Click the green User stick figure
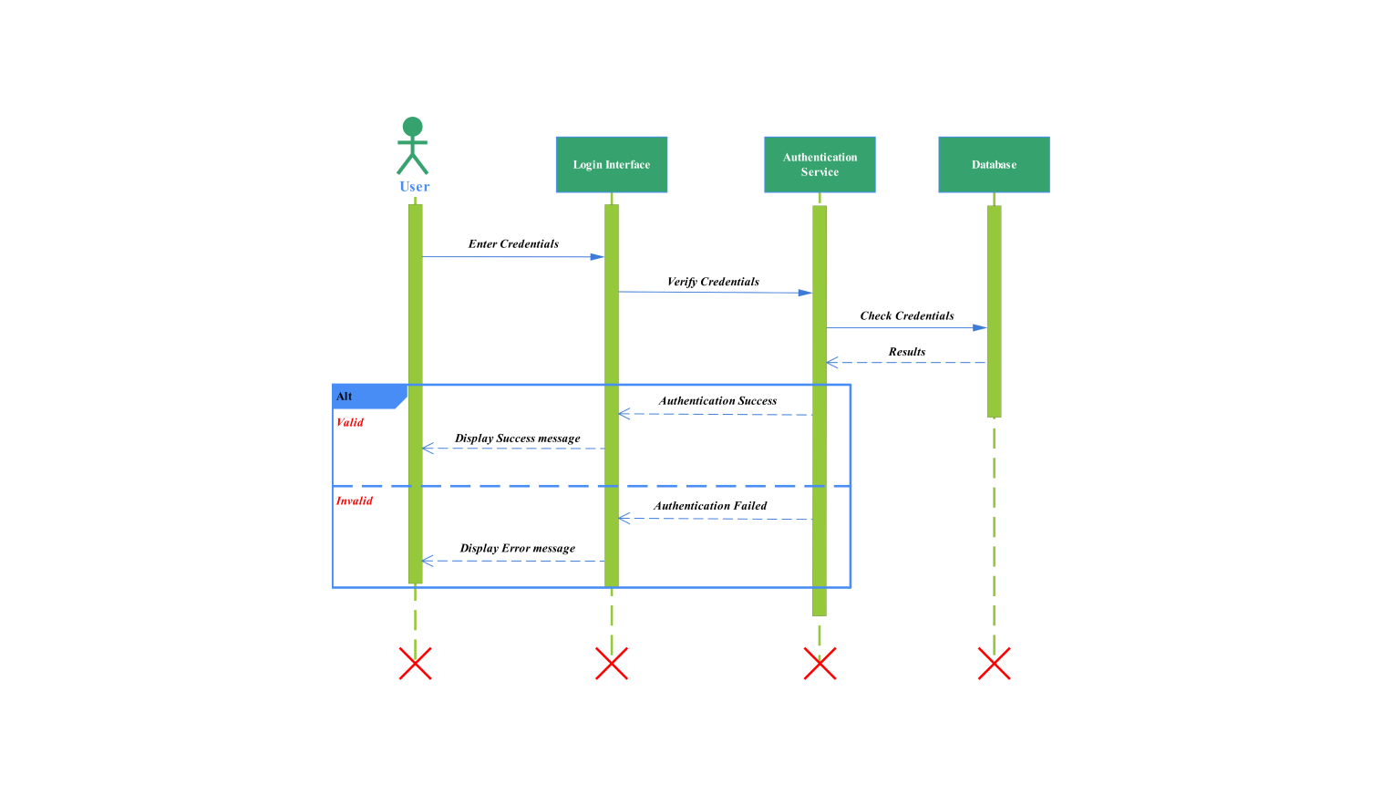(x=413, y=146)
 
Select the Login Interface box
(x=612, y=165)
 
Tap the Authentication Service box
(x=820, y=165)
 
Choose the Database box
(x=994, y=165)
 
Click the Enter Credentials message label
(x=513, y=244)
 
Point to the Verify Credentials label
(x=713, y=282)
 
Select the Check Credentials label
(x=907, y=316)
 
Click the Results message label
(x=907, y=352)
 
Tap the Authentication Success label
(x=718, y=401)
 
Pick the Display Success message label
(x=518, y=439)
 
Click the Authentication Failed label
(x=710, y=506)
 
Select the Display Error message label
(x=518, y=549)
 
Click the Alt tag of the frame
(x=345, y=397)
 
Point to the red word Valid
(x=350, y=423)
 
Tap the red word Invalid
(x=355, y=501)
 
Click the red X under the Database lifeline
(x=994, y=664)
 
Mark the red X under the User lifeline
(x=415, y=664)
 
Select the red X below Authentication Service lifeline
(x=820, y=664)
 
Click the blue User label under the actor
(x=415, y=187)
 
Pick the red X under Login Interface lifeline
(x=612, y=664)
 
